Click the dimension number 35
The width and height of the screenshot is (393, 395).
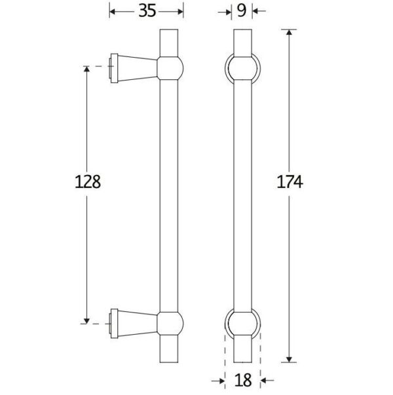[x=147, y=11]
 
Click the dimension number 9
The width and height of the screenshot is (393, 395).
[x=241, y=10]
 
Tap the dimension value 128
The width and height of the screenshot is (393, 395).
[x=88, y=181]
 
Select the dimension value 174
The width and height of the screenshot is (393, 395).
[x=290, y=181]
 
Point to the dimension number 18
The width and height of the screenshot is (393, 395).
[x=243, y=380]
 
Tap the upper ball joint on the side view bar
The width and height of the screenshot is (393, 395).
[x=170, y=68]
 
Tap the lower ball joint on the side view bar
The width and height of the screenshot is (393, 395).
[x=170, y=324]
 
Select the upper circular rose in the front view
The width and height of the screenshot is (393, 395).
[x=225, y=68]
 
